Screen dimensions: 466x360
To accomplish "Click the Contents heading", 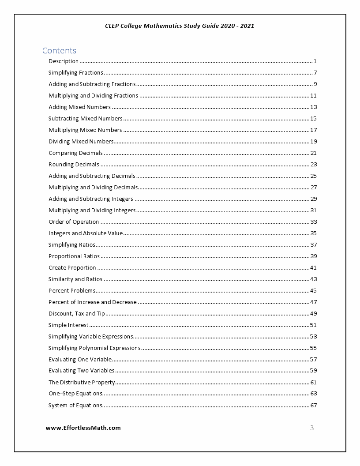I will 59,50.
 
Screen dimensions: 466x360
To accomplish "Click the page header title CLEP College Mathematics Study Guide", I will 180,26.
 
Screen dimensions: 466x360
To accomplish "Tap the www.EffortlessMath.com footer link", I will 83,428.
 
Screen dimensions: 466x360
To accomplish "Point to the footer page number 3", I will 312,428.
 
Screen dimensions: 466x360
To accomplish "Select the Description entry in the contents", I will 64,61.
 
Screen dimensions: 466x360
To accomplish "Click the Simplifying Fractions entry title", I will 75,73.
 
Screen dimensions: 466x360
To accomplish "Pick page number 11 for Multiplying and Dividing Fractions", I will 313,96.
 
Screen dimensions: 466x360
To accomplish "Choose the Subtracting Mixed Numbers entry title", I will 85,119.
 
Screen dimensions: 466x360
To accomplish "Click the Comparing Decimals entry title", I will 75,153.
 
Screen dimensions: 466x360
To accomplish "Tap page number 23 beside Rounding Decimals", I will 313,165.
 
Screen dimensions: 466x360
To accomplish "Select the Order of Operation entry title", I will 74,222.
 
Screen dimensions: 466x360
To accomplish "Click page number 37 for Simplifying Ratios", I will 313,245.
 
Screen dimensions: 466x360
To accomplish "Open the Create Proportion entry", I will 72,268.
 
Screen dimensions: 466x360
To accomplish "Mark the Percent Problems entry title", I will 72,291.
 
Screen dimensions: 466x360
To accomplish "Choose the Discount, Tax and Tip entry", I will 77,314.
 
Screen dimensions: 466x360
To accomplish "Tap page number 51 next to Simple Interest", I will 313,325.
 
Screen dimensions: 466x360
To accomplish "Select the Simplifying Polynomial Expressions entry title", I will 94,348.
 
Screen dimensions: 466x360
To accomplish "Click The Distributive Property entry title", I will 82,383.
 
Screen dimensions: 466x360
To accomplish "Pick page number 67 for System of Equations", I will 313,406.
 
